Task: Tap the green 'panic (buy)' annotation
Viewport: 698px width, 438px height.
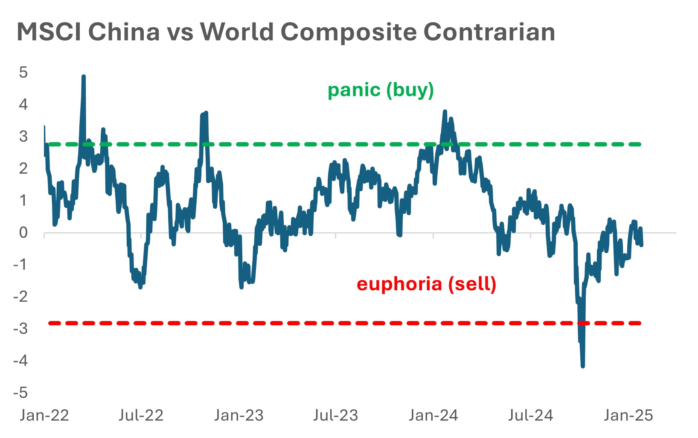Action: coord(381,90)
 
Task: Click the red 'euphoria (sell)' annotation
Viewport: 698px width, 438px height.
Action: coord(426,284)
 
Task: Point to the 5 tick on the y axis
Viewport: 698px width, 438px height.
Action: coord(23,72)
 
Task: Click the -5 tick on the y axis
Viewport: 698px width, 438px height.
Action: coord(20,392)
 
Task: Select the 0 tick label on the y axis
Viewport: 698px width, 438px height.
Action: coord(23,233)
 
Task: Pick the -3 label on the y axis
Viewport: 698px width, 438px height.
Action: coord(20,328)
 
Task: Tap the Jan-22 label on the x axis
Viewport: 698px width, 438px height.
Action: coord(44,415)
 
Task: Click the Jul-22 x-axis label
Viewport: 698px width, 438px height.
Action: coord(141,415)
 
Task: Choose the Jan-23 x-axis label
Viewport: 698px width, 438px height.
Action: coord(239,415)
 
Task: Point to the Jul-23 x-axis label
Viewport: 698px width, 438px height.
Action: coord(336,415)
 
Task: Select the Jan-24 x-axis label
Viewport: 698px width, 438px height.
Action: coord(433,415)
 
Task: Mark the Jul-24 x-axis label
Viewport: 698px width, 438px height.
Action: coord(530,415)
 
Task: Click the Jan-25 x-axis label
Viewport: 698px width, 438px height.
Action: coord(628,415)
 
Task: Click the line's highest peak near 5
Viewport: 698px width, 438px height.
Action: coord(84,77)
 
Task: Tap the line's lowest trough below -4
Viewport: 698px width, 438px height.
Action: coord(583,366)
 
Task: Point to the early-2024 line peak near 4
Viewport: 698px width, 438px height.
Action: coord(445,111)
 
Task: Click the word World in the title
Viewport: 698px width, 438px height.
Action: coord(236,32)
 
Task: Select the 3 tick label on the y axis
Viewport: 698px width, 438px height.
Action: coord(23,136)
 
